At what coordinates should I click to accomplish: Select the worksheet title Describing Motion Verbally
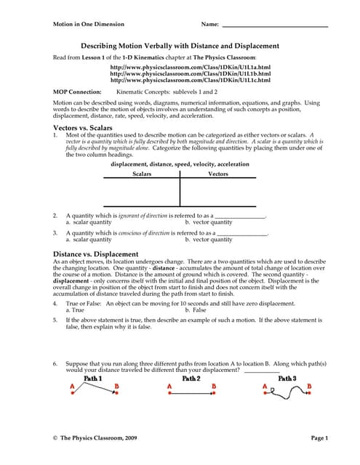tap(179, 45)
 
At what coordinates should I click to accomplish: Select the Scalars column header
tap(143, 174)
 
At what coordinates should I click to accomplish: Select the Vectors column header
tap(218, 174)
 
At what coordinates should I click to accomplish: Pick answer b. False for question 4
tap(196, 310)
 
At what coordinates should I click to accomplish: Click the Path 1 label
tap(93, 379)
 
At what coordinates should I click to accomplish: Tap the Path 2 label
tap(191, 379)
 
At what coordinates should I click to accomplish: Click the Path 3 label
tap(287, 379)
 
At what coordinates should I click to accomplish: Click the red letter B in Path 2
tap(214, 387)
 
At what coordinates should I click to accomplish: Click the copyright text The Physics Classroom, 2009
tap(98, 438)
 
